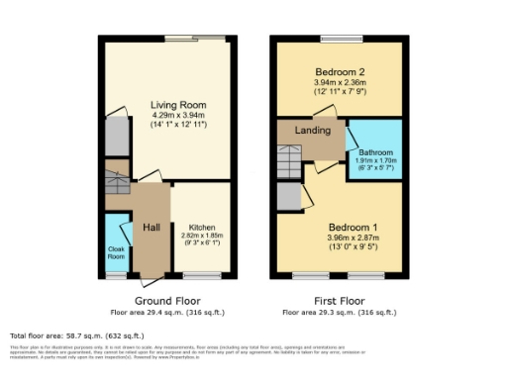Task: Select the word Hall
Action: tap(152, 228)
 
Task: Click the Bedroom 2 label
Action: tap(340, 72)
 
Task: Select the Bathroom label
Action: tap(375, 151)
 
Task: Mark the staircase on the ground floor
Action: tap(118, 181)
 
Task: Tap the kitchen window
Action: tap(202, 276)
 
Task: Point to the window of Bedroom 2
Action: tap(340, 40)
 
